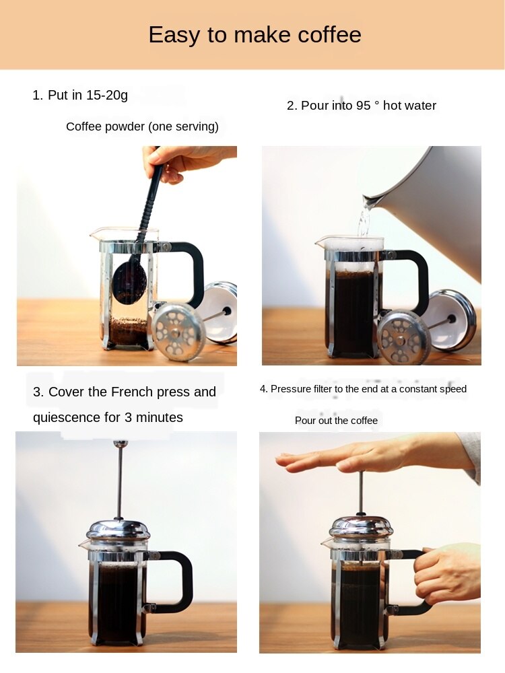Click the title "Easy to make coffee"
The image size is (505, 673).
(x=255, y=35)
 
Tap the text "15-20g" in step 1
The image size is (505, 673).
(x=106, y=95)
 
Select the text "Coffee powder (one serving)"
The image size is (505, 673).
(x=142, y=127)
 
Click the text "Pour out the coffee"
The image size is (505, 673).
(x=336, y=421)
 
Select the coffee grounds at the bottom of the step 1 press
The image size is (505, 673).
(x=127, y=330)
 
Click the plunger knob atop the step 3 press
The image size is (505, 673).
(x=120, y=444)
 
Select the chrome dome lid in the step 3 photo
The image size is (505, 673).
(x=118, y=530)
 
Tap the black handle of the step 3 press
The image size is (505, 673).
(x=178, y=579)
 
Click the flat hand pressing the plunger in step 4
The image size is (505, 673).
(x=364, y=458)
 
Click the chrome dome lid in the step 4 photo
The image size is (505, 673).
(x=361, y=527)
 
